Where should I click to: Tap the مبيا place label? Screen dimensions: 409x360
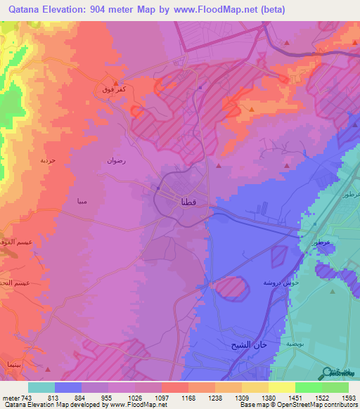click(x=82, y=202)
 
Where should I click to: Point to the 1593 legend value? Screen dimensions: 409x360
click(x=340, y=398)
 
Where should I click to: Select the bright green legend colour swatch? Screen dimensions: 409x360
click(x=309, y=387)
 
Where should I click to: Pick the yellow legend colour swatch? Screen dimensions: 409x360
click(x=281, y=387)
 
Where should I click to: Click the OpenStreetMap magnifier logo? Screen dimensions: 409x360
click(x=327, y=372)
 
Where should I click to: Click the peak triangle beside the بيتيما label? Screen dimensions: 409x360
click(x=47, y=367)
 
